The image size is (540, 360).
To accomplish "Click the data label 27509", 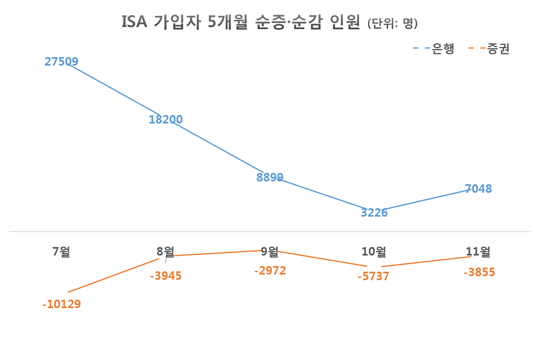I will click(62, 62).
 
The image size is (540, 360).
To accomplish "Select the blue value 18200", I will click(166, 119).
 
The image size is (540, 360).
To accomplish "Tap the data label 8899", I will click(270, 177).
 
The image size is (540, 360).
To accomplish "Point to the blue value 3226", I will click(374, 213).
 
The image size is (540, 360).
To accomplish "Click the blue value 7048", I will click(478, 189).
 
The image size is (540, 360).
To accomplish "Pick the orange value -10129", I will click(62, 304).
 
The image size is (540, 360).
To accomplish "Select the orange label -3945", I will click(166, 276).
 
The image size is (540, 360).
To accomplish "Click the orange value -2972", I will click(270, 271).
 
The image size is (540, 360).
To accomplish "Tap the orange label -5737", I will click(374, 277).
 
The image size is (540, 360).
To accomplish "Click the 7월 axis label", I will click(62, 252).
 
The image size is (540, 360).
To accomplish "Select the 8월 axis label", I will click(166, 252).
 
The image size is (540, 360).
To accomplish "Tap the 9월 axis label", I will click(270, 252).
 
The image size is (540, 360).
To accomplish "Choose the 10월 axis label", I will click(374, 252).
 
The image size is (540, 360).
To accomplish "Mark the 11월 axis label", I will click(478, 252).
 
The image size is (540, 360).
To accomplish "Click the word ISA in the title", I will click(135, 23).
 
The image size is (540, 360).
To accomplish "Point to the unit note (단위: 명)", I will click(392, 24).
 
